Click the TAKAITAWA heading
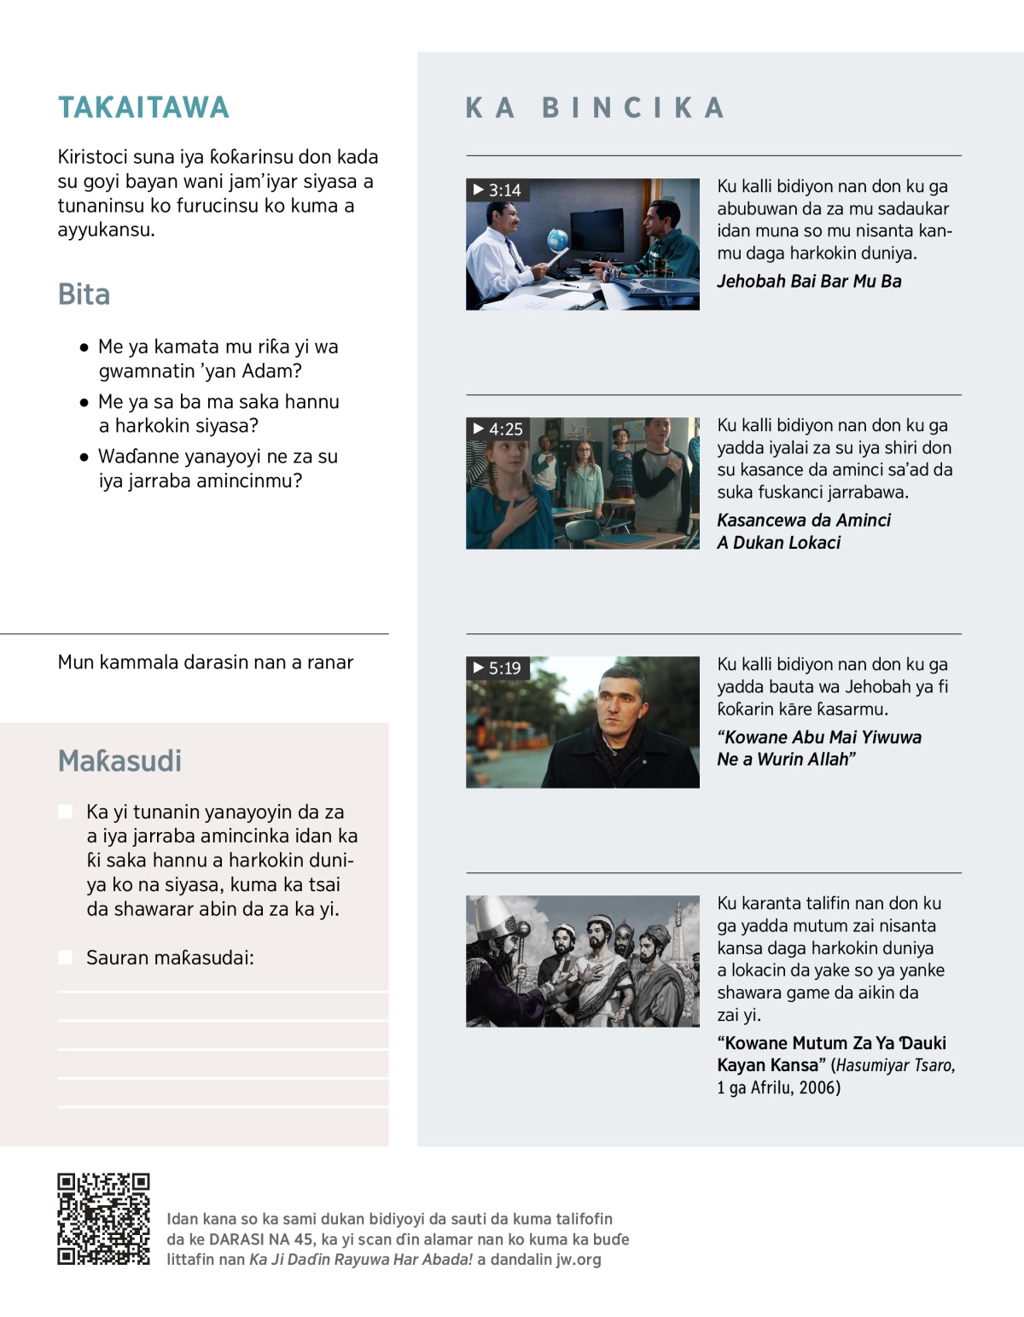coord(143,108)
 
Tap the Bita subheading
coord(84,294)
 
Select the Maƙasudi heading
coord(119,760)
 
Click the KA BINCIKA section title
coord(596,108)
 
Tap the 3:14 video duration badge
coord(497,190)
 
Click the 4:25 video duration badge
coord(498,429)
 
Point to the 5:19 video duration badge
coord(497,668)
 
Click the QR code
coord(103,1218)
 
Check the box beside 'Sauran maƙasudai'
coord(66,958)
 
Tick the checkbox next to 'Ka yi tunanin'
coord(66,812)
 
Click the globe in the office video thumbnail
coord(557,239)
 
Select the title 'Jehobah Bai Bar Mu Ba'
coord(809,282)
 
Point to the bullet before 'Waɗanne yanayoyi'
coord(84,457)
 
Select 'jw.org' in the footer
coord(579,1260)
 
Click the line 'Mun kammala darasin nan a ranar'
coord(206,662)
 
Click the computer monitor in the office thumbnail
coord(596,228)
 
